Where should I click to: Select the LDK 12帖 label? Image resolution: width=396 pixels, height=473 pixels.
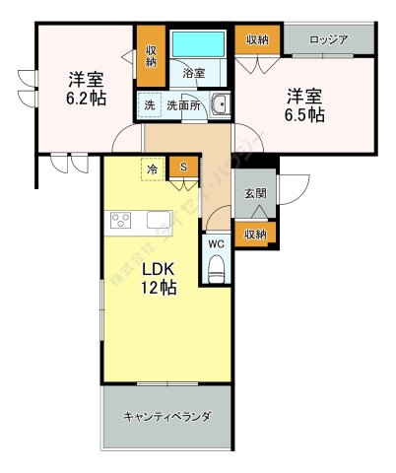(157, 279)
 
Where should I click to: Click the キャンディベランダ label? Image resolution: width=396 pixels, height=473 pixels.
(166, 416)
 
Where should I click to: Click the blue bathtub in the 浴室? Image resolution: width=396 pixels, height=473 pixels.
(198, 45)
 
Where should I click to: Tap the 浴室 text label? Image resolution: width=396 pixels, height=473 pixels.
(193, 73)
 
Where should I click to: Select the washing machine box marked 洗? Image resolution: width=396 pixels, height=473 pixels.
(149, 104)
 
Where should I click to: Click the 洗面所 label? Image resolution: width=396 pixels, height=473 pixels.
(182, 104)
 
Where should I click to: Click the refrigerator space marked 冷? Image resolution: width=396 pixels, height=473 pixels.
(153, 169)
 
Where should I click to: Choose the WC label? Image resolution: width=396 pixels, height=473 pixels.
(217, 242)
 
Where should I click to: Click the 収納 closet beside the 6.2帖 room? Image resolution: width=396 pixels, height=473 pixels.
(151, 55)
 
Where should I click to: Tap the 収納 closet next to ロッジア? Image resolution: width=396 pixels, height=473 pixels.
(258, 39)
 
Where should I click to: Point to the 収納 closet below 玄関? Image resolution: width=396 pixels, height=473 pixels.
(255, 234)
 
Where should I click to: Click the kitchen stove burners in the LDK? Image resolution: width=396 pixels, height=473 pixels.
(122, 219)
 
